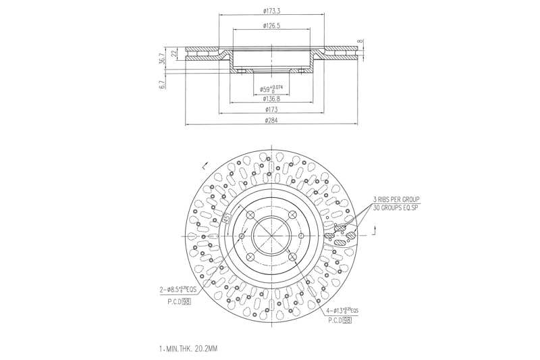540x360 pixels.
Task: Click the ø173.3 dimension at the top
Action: [272, 11]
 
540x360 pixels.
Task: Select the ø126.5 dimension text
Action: [272, 26]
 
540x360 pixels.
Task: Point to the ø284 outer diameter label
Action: [272, 121]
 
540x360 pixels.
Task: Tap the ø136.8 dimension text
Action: [272, 99]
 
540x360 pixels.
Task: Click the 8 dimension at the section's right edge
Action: [361, 41]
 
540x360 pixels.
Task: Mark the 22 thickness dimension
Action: [173, 53]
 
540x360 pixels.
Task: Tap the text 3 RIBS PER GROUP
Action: [396, 199]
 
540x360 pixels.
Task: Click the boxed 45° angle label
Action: [227, 219]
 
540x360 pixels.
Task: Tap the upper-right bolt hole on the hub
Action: [292, 214]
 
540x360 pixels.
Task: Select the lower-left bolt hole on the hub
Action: [249, 257]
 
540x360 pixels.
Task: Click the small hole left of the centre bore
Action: [242, 236]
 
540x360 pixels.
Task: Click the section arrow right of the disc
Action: [372, 232]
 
